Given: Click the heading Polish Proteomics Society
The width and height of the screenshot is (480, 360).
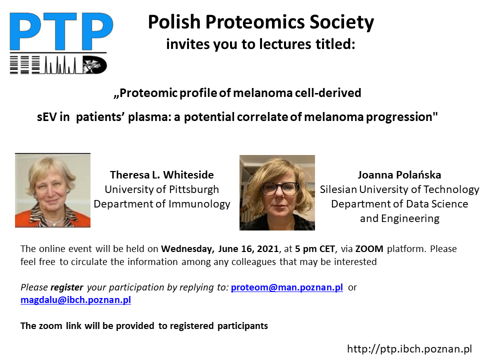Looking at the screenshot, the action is coord(261,22).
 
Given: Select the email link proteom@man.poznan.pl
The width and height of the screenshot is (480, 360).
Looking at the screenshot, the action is coord(287,287).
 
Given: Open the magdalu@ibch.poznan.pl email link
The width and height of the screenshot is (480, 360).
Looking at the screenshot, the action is coord(75,299).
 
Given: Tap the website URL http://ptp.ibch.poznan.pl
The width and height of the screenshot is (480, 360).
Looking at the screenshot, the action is coord(409,349).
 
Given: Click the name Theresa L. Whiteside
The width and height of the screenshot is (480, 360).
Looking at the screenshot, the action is coord(162,175).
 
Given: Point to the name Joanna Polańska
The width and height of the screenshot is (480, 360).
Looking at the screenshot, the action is coord(399,175).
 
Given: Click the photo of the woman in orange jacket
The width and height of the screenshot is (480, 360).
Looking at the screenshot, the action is coord(52,190).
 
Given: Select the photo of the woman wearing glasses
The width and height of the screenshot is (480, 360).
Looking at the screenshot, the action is coord(277,192).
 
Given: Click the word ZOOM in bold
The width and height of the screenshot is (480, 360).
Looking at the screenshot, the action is coord(369,249).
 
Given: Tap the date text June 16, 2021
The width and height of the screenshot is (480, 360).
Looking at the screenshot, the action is coord(248,249).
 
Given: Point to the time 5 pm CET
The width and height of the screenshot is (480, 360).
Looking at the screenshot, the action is coord(315,249).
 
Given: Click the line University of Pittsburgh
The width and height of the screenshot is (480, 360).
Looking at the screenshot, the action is coord(162,189).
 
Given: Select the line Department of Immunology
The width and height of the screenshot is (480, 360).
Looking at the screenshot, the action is coord(162,204).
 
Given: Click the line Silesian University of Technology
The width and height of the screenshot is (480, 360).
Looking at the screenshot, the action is coord(399,189).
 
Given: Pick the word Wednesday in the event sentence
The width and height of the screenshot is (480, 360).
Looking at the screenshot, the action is coord(187,249).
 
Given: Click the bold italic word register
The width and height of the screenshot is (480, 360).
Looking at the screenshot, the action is coord(66,288).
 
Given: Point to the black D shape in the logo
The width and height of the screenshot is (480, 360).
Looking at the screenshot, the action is coord(95,65).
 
